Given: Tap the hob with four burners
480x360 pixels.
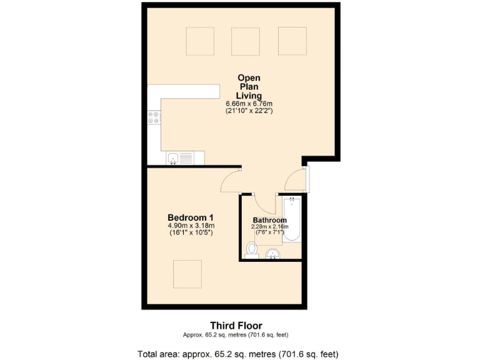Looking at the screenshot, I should point(154,117).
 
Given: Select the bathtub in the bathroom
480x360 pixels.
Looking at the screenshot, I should point(292,219).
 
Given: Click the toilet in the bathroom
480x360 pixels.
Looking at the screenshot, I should point(252,251).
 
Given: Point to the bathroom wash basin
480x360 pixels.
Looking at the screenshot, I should point(272,254).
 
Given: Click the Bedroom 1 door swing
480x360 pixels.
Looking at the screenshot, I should point(231,182).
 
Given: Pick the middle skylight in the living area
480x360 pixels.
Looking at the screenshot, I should point(246,41).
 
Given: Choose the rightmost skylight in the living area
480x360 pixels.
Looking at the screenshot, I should point(292,41).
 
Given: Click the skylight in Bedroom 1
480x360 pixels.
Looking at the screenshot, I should point(187,273).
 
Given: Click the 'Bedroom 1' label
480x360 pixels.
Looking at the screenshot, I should point(191,217).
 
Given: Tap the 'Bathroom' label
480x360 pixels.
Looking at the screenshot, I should point(270,220).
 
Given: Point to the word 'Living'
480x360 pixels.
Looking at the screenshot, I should point(249,95).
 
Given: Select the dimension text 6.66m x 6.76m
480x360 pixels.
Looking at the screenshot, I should point(249,104).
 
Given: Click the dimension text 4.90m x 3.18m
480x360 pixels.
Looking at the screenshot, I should point(191,226).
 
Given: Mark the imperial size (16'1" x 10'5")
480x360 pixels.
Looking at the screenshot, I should point(191,233).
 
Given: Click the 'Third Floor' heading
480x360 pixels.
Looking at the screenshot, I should point(236,325).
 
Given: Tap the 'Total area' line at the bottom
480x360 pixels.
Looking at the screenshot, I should point(237,353).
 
